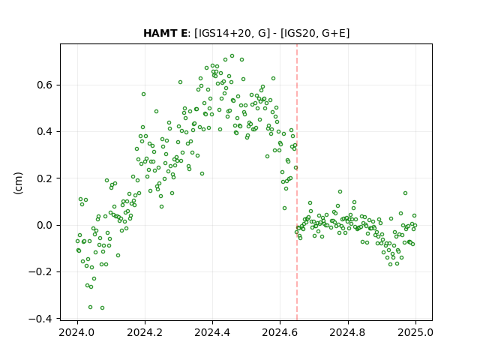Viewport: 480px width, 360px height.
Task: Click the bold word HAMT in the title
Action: (x=162, y=33)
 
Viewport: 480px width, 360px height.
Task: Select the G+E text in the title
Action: (x=333, y=33)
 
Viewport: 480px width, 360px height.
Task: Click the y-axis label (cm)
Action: (x=18, y=183)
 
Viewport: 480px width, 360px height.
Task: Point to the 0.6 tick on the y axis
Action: (x=45, y=85)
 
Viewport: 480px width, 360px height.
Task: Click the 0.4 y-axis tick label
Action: (x=45, y=132)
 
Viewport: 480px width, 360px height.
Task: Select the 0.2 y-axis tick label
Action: (x=45, y=178)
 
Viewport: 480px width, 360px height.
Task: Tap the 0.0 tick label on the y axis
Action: (x=45, y=225)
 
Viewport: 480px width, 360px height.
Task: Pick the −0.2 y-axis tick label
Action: (x=40, y=271)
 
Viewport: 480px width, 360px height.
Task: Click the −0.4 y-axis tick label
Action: (x=40, y=319)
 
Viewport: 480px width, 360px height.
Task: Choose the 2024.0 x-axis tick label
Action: (x=77, y=332)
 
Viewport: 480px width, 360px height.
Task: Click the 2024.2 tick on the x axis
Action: (x=145, y=332)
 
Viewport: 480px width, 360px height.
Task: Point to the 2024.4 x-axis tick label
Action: (x=212, y=332)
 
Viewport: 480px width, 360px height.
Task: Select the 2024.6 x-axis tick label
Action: (x=280, y=332)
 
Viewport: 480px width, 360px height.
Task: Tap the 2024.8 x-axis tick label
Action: (x=348, y=332)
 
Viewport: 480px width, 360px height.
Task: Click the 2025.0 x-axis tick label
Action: (x=415, y=332)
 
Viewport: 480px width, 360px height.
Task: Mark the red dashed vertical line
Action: (x=297, y=182)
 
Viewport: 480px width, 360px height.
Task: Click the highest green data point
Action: (x=232, y=56)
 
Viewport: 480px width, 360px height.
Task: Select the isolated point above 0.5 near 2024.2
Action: (x=143, y=94)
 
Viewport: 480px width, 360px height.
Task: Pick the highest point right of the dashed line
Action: (x=340, y=192)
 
